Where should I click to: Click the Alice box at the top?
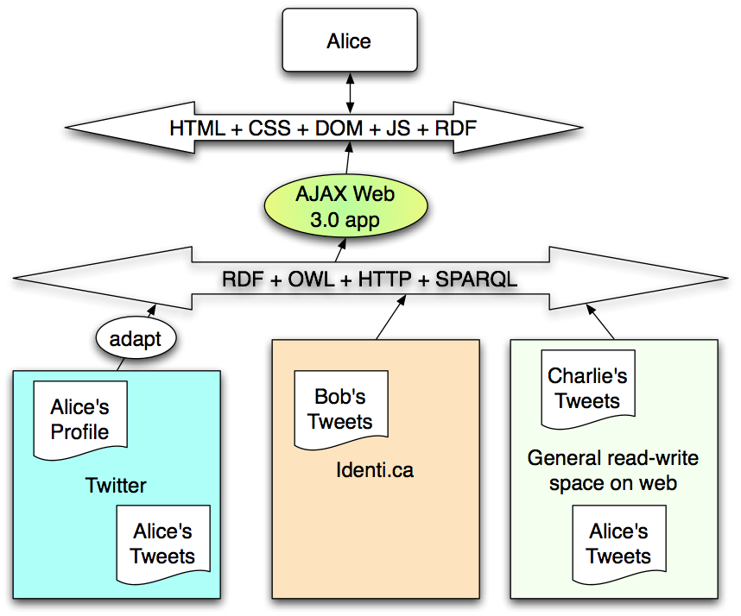coord(349,41)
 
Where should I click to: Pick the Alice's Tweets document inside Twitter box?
coord(162,544)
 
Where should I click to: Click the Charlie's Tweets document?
coord(587,388)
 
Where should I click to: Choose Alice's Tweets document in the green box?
coord(618,544)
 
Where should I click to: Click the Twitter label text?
coord(116,486)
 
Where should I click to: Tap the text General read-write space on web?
coord(613,470)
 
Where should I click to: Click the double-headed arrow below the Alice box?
coord(349,90)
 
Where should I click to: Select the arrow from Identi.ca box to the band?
coord(389,317)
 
